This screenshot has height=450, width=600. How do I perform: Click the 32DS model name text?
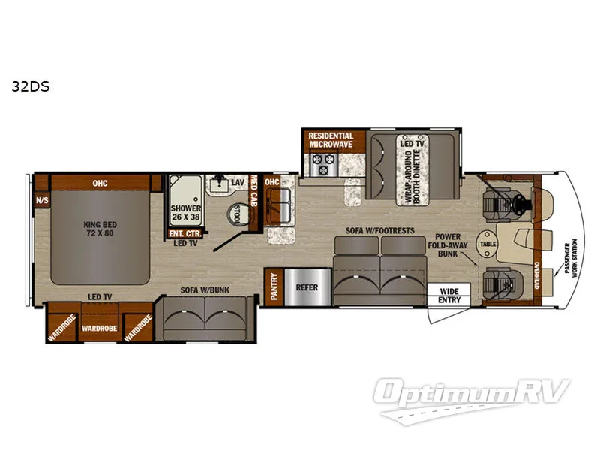[x=31, y=86]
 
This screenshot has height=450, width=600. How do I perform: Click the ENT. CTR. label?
[x=182, y=234]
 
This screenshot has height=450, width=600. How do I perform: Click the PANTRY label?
[x=274, y=286]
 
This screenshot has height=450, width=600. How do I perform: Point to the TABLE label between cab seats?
[x=488, y=243]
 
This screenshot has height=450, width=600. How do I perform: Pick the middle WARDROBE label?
[x=99, y=328]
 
